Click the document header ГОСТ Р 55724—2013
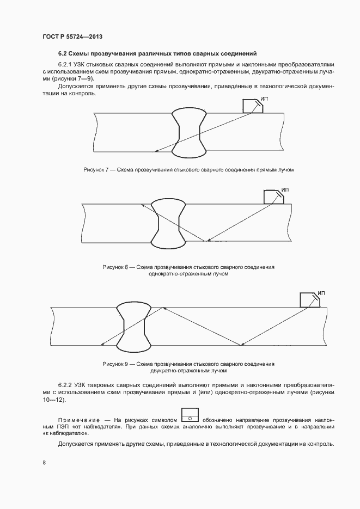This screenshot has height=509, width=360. [x=72, y=36]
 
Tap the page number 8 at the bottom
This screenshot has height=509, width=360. [x=44, y=462]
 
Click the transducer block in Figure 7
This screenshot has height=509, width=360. [x=252, y=106]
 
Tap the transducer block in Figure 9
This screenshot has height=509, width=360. [x=309, y=300]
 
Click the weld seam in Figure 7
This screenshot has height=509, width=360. [x=188, y=131]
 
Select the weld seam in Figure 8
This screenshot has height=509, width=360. [x=167, y=223]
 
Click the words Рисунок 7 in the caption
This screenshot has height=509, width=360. [x=96, y=170]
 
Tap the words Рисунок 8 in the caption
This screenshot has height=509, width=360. [x=115, y=267]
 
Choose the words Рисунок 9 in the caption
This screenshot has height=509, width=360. [x=115, y=364]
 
